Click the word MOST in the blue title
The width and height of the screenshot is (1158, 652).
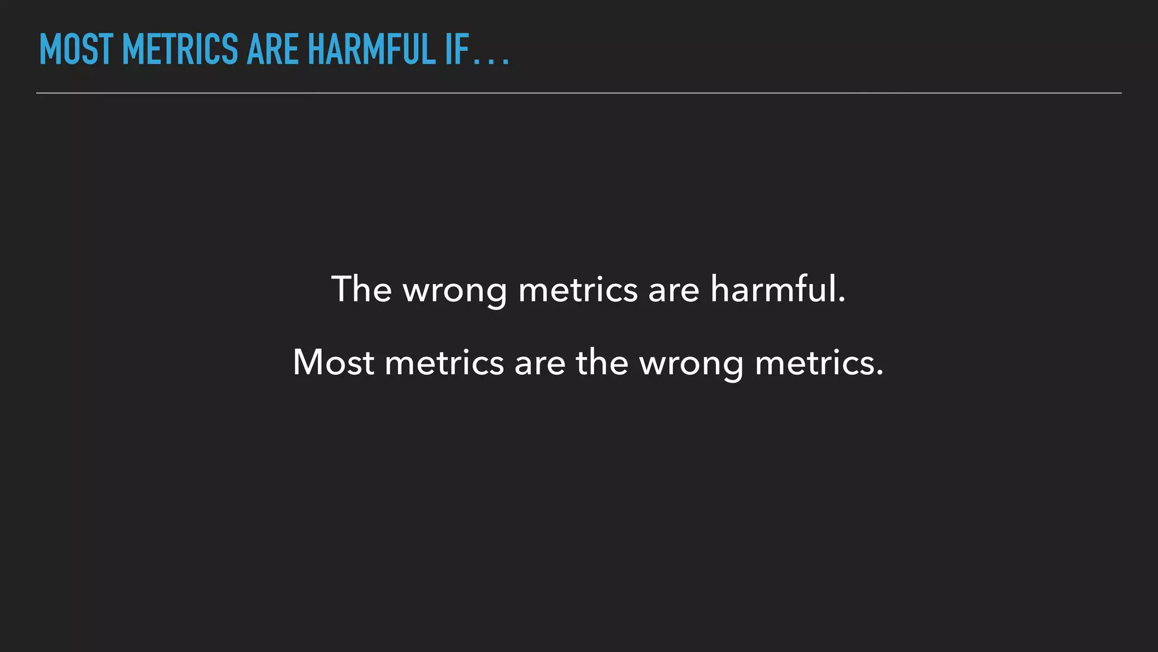coord(76,50)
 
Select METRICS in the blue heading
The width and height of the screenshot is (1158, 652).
coord(180,50)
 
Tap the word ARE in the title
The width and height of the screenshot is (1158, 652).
coord(273,50)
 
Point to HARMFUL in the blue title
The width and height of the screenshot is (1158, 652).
coord(371,50)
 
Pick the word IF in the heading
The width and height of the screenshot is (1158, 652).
coord(457,50)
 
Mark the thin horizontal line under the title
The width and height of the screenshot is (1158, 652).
coord(579,93)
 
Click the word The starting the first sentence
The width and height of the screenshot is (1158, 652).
coord(361,289)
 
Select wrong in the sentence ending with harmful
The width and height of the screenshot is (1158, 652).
coord(455,291)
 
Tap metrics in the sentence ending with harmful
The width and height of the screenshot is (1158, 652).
coord(578,289)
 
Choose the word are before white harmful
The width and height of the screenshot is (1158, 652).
coord(673,291)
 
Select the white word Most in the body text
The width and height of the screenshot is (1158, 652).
coord(333,362)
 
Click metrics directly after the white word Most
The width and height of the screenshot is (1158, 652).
coord(444,363)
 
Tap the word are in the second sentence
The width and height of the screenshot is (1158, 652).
coord(540,364)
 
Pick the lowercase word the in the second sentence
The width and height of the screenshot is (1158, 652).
coord(602,362)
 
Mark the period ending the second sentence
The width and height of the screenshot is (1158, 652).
coord(879,374)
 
